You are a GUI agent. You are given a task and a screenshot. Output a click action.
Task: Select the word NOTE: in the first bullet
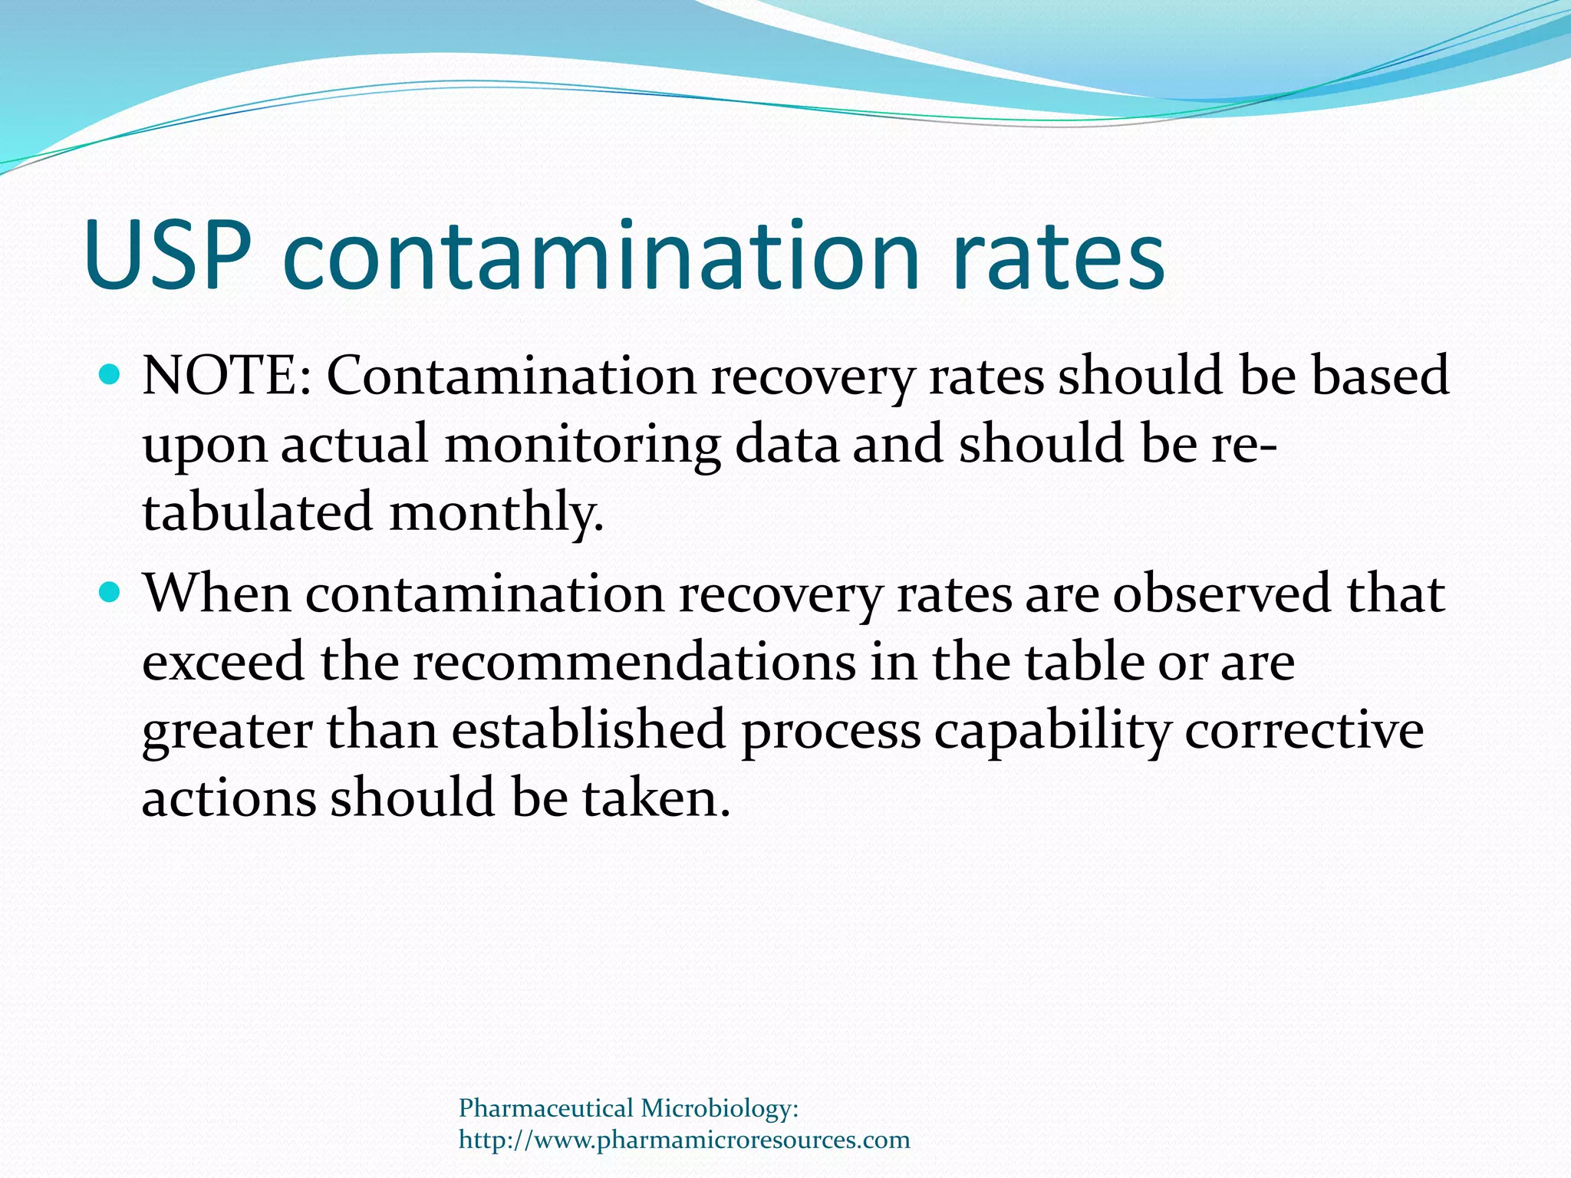227,377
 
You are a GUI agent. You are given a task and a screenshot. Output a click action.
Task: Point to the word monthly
496,512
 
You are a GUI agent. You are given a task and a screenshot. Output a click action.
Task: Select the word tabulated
258,512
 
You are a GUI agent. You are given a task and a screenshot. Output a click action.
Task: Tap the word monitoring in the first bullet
582,446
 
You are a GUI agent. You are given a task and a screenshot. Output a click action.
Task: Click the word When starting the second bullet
218,594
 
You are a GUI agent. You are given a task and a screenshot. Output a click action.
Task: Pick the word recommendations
634,661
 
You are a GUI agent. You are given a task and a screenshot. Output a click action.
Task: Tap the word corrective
1304,729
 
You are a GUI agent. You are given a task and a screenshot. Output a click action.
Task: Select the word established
588,729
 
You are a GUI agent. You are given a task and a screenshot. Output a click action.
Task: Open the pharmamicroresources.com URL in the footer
684,1140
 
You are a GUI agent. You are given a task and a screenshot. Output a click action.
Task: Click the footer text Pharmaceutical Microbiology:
629,1108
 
